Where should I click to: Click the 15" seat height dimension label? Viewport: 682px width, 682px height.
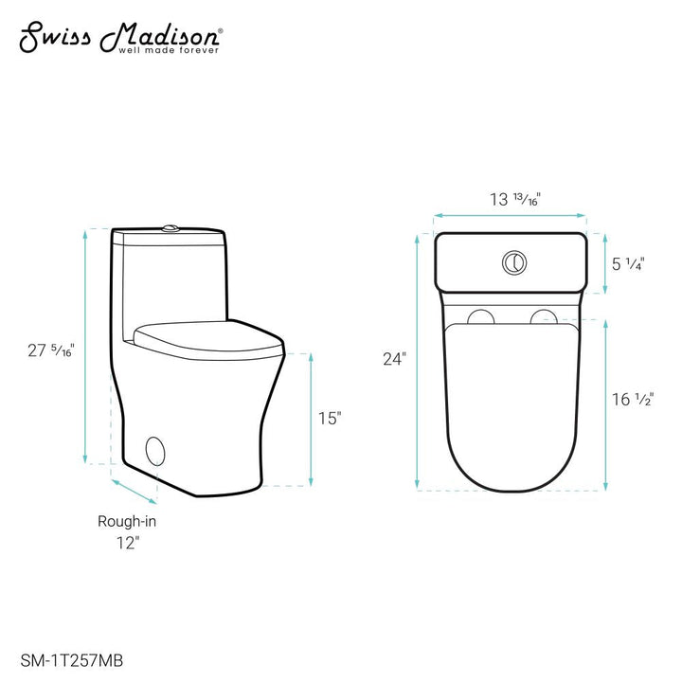click(328, 418)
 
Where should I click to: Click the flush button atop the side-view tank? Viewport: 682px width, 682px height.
click(170, 227)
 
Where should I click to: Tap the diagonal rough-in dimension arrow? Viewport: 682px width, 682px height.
click(135, 491)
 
